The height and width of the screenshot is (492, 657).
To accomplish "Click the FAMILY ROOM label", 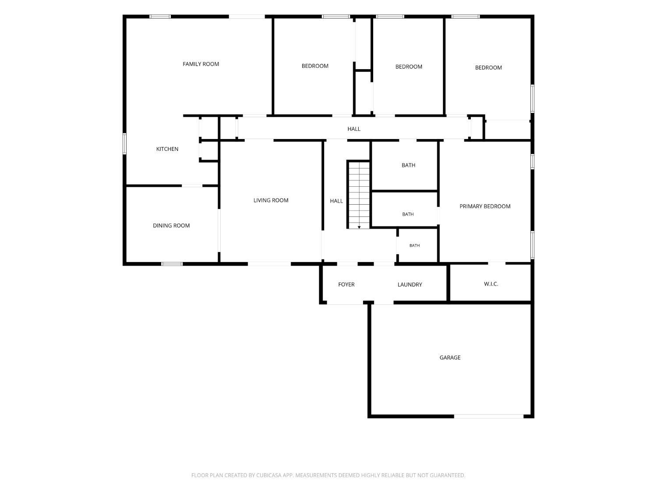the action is coord(201,64).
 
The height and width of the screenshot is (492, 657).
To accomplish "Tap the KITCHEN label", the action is coord(167,149).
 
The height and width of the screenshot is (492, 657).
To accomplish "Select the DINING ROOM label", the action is coord(171,226).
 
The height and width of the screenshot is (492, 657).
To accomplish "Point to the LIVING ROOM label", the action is coord(271,200).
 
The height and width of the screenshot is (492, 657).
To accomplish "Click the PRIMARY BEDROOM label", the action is coord(485,206).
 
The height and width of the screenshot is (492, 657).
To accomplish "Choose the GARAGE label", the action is coord(450,357).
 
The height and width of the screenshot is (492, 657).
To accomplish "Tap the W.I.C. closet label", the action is coord(491,284).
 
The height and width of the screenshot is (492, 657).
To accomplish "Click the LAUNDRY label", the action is coord(410,284).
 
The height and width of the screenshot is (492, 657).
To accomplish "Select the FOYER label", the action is coord(346,284).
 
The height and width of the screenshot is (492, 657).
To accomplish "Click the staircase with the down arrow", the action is coord(359,195).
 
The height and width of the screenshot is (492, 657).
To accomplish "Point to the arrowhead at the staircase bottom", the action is coord(359,227).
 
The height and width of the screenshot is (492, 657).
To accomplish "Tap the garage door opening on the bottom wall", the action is coord(488,416).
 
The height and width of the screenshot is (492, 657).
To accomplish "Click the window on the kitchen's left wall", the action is coord(124,144).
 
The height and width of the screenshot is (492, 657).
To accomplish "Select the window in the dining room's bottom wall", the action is coord(172,264).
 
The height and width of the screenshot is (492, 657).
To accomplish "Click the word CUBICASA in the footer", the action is coord(268,475).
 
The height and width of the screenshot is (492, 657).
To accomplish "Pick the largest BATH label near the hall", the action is coord(408,165).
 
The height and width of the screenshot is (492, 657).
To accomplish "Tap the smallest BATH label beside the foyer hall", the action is coord(414,245).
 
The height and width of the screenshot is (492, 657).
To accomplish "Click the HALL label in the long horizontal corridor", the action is coord(354,129).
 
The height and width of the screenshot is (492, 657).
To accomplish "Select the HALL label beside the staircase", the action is coord(336,201).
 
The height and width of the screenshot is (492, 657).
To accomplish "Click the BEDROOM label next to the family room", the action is coord(315,66).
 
